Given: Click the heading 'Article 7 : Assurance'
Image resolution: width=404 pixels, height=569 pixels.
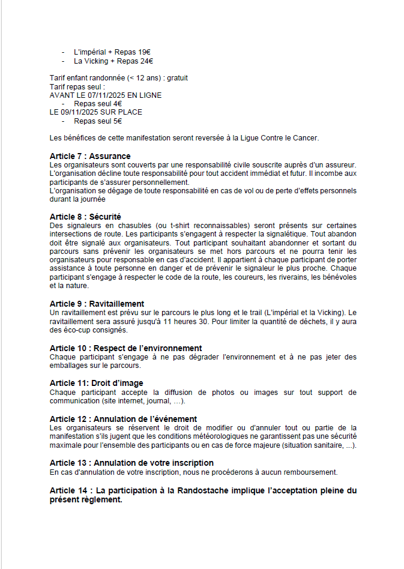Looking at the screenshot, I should (90, 157).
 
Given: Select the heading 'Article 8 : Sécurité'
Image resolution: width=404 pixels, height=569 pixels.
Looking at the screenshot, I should (86, 217).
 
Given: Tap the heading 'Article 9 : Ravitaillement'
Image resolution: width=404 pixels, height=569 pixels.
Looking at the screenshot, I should (97, 304).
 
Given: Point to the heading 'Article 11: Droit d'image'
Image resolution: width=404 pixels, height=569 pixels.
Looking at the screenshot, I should (96, 383).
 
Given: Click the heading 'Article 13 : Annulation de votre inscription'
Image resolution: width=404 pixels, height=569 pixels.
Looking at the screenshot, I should (131, 463).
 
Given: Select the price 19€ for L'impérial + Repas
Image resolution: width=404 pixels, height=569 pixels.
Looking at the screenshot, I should (142, 52).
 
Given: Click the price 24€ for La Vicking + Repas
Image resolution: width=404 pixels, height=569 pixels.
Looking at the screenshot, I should (146, 61).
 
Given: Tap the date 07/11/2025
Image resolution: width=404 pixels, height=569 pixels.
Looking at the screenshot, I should (99, 95).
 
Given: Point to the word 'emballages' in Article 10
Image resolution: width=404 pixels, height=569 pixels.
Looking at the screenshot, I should (69, 365).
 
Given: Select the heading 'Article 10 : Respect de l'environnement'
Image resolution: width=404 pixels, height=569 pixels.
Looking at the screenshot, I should (125, 348).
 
